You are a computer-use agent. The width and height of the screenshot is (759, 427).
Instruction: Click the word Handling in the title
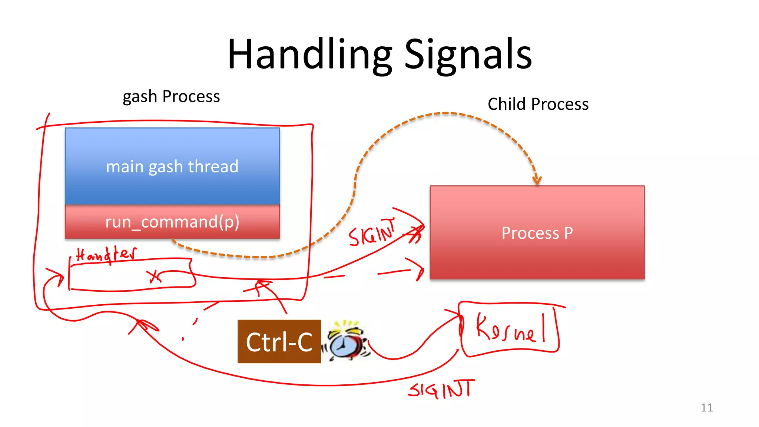[x=310, y=55]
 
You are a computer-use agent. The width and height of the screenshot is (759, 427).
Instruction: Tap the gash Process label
[x=171, y=97]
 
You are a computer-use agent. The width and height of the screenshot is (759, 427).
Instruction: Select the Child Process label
[x=538, y=104]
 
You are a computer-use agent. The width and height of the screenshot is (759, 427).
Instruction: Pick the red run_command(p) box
[x=172, y=222]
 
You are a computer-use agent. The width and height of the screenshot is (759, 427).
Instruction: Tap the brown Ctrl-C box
[x=279, y=342]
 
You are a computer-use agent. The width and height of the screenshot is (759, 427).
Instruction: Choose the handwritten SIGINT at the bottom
[x=441, y=390]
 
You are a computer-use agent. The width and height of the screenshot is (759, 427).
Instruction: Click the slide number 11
[x=706, y=408]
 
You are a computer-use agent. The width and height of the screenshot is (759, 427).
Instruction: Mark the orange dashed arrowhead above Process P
[x=537, y=181]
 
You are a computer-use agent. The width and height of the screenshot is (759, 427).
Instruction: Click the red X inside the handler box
[x=154, y=277]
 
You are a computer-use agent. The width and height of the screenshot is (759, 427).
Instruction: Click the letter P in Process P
[x=568, y=233]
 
